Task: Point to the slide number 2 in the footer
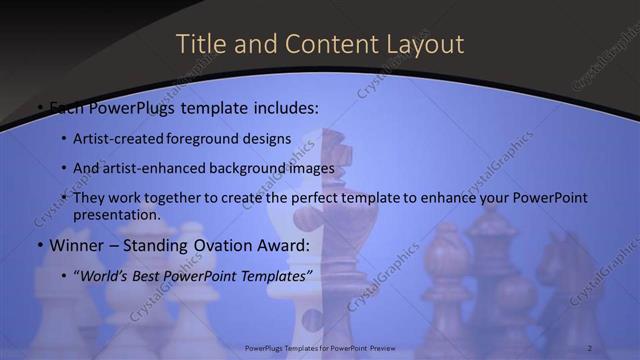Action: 590,348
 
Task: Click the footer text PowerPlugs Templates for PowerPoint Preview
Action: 321,348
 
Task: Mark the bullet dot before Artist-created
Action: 63,140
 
